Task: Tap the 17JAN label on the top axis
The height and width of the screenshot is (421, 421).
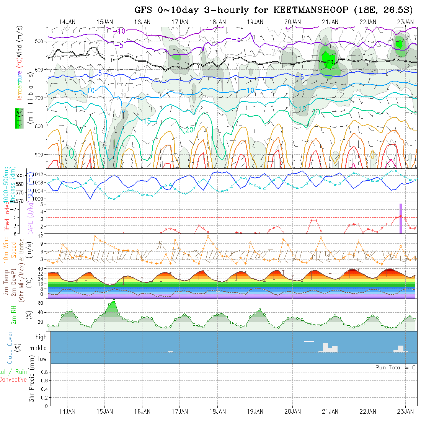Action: [179, 22]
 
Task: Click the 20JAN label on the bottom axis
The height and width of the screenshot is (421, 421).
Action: [292, 411]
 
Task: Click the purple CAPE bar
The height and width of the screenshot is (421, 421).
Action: [401, 218]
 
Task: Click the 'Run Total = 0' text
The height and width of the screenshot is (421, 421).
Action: [395, 367]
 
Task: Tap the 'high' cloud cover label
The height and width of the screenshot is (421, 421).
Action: [41, 337]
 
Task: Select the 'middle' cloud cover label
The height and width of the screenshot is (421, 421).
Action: [38, 348]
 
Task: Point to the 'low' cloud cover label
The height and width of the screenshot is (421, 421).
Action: [42, 359]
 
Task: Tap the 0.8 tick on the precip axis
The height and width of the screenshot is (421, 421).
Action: [44, 372]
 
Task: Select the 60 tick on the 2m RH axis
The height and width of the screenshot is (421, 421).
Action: [43, 303]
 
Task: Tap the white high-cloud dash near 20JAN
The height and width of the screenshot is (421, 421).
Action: [309, 341]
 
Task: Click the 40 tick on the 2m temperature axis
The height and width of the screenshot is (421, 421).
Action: [43, 268]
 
